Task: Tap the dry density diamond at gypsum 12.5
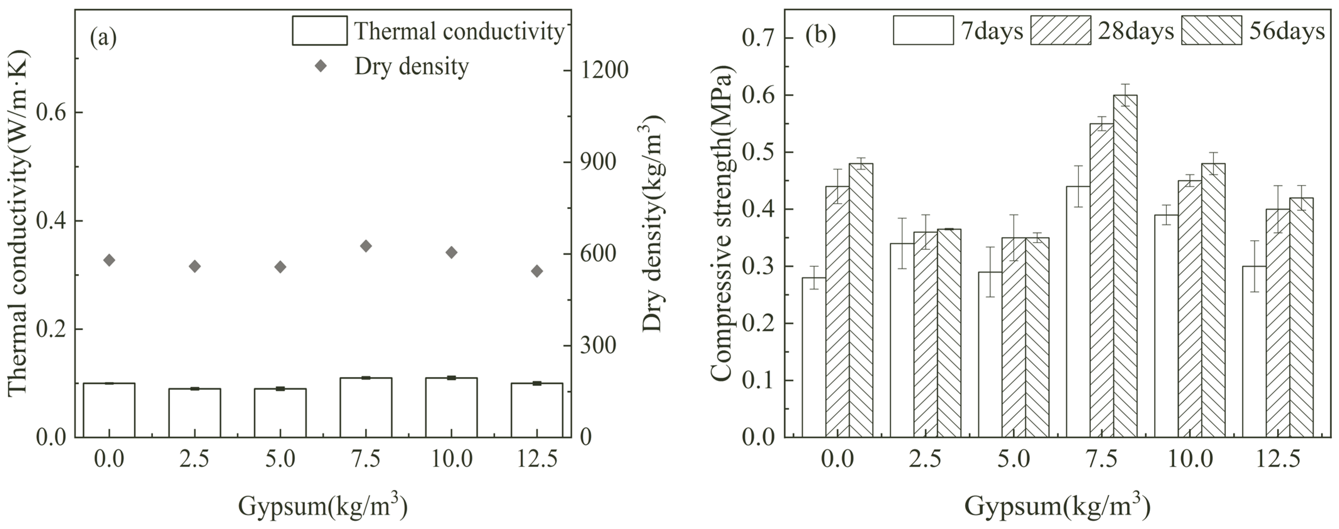pyautogui.click(x=537, y=271)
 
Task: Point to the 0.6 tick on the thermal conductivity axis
pyautogui.click(x=52, y=113)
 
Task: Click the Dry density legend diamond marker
pyautogui.click(x=321, y=66)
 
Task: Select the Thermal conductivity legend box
pyautogui.click(x=320, y=31)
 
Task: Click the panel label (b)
pyautogui.click(x=820, y=34)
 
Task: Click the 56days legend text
pyautogui.click(x=1287, y=31)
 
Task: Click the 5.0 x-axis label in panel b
pyautogui.click(x=1014, y=459)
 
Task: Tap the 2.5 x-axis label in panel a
pyautogui.click(x=195, y=459)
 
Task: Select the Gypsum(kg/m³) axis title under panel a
pyautogui.click(x=322, y=505)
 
